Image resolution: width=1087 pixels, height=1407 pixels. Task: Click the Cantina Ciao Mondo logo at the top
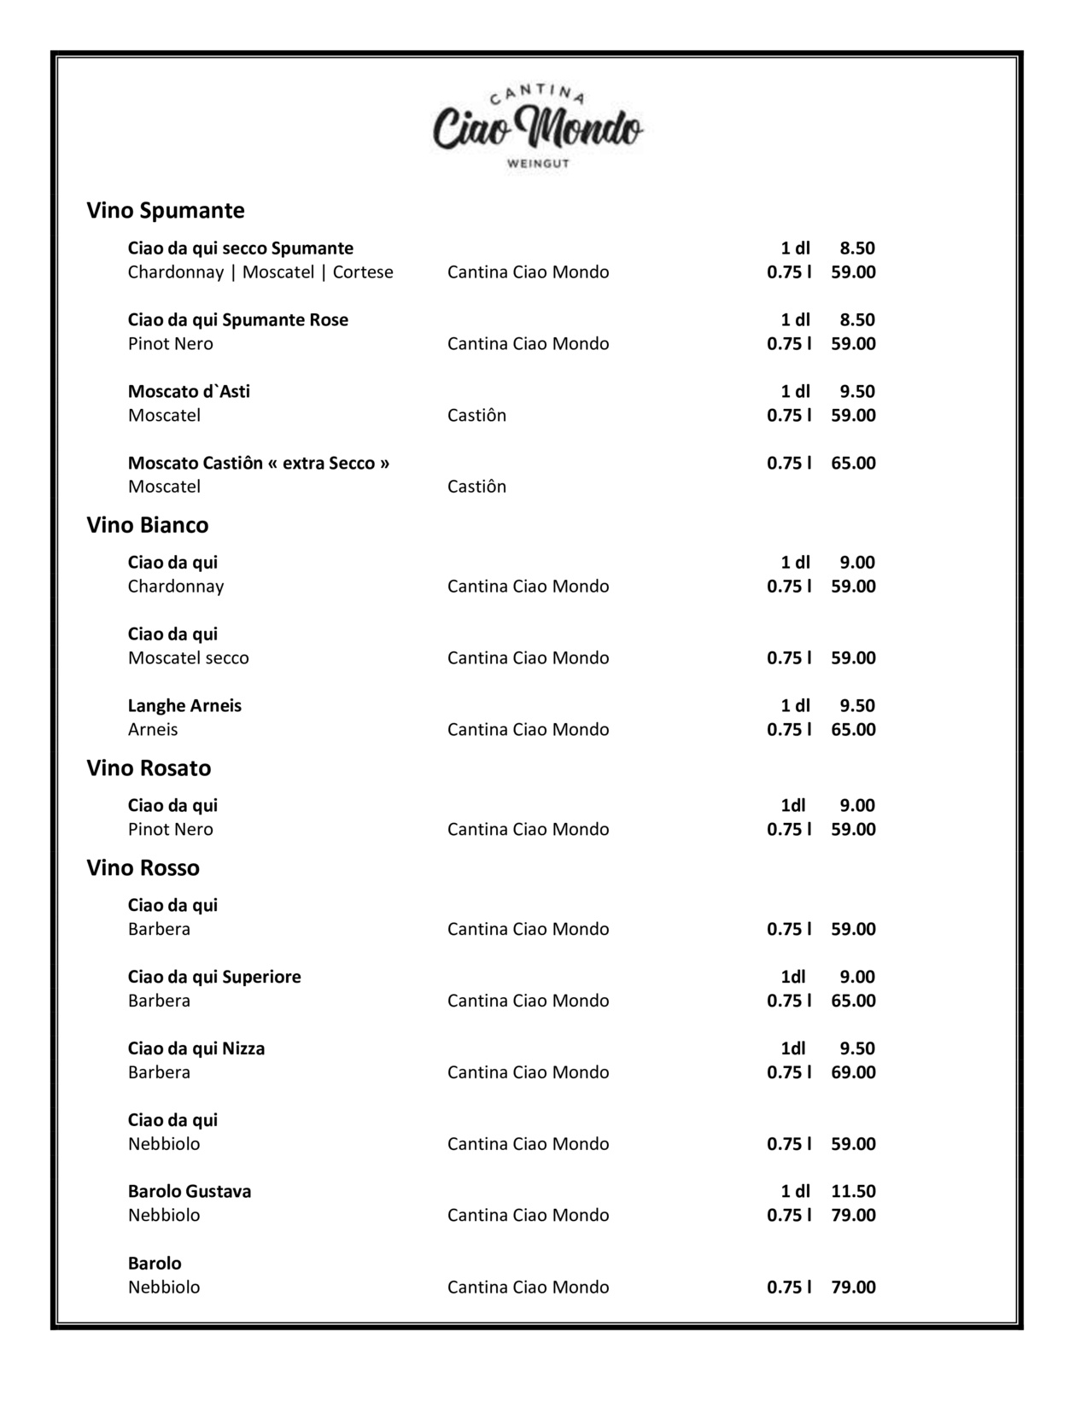pyautogui.click(x=537, y=129)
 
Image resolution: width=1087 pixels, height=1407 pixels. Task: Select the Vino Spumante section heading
pyautogui.click(x=166, y=210)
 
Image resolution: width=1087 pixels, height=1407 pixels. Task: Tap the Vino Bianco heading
pyautogui.click(x=148, y=524)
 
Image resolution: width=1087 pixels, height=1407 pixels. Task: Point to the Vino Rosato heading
pyautogui.click(x=149, y=768)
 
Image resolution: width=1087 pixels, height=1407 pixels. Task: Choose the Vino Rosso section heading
pyautogui.click(x=143, y=867)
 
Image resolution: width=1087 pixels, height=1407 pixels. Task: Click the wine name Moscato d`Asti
pyautogui.click(x=189, y=391)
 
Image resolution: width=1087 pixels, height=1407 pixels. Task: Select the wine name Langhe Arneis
pyautogui.click(x=184, y=705)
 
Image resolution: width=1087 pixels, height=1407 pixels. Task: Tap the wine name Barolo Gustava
pyautogui.click(x=190, y=1191)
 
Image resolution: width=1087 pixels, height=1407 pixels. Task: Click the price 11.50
pyautogui.click(x=853, y=1191)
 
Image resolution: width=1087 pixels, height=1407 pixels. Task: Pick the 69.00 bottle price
pyautogui.click(x=853, y=1071)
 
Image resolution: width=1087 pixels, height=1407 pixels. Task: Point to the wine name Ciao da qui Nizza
pyautogui.click(x=196, y=1048)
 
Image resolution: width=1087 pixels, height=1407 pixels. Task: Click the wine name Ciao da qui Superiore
pyautogui.click(x=214, y=976)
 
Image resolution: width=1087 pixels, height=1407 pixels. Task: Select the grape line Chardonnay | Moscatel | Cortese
pyautogui.click(x=260, y=271)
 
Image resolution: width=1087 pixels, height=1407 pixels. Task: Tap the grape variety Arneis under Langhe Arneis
pyautogui.click(x=153, y=729)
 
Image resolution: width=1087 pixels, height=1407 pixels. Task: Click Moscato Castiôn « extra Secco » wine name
pyautogui.click(x=259, y=463)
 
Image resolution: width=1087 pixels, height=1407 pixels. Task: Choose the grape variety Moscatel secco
pyautogui.click(x=189, y=657)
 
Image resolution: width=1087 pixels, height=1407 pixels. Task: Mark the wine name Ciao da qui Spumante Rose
pyautogui.click(x=238, y=319)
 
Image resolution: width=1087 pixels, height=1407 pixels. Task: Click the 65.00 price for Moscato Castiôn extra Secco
pyautogui.click(x=853, y=463)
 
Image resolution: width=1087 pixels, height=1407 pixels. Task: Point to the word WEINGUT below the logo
pyautogui.click(x=538, y=163)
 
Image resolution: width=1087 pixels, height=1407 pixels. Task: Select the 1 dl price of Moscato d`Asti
pyautogui.click(x=856, y=391)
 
